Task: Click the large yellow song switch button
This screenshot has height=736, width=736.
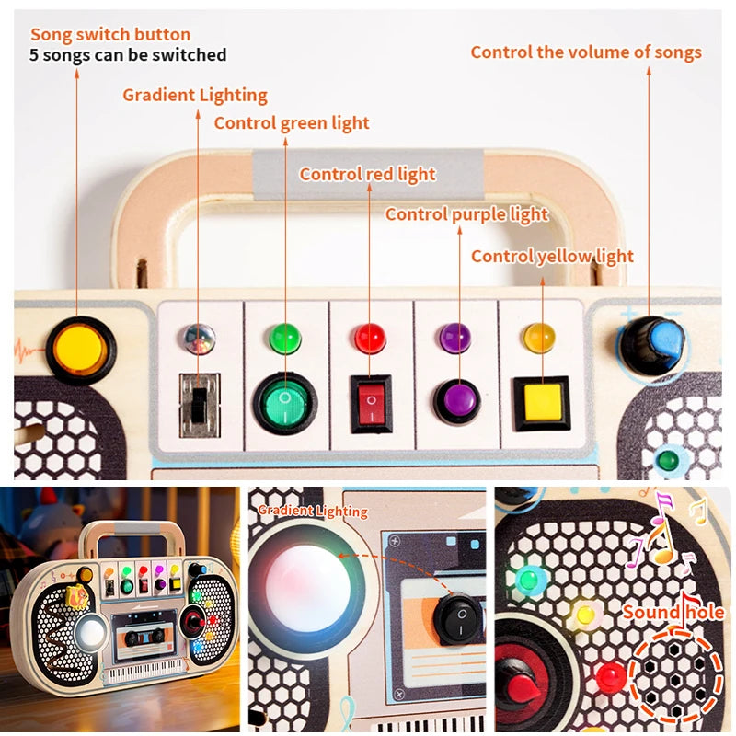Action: [81, 349]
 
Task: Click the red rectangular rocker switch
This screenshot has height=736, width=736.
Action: [371, 403]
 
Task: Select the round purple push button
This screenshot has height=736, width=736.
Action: [457, 402]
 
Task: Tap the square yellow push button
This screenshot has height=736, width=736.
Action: [541, 402]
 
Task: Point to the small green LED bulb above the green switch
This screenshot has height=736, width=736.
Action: [285, 338]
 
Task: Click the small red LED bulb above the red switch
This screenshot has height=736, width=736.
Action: [370, 338]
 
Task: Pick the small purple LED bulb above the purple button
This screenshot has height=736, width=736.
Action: [455, 338]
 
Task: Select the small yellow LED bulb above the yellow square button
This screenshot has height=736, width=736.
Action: [539, 338]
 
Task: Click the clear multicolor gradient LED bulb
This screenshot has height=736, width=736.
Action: [198, 338]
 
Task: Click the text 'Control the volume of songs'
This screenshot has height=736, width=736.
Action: [586, 52]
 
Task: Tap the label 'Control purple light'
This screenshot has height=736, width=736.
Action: [466, 214]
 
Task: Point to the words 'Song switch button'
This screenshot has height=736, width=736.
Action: [110, 35]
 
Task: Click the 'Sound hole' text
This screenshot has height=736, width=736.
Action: [673, 612]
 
